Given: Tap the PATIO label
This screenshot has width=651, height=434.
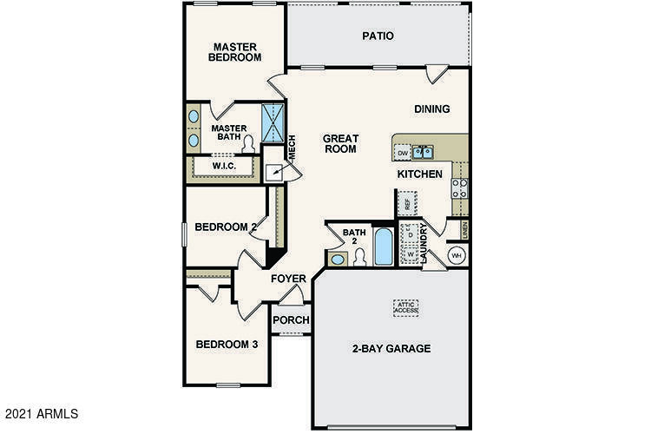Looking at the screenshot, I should [x=378, y=36].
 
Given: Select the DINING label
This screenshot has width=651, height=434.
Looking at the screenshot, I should [x=431, y=109].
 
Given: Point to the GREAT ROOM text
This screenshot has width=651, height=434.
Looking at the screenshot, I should [x=340, y=144].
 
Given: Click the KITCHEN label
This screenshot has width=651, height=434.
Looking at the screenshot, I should [x=420, y=174].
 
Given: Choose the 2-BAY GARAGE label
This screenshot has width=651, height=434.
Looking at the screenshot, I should [x=391, y=349].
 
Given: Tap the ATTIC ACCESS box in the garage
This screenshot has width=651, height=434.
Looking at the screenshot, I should [x=405, y=306].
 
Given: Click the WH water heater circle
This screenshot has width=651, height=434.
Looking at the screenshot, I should [x=457, y=255].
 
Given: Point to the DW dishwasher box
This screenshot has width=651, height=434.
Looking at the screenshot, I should [x=403, y=154].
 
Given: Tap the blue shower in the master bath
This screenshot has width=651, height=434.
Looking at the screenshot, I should [x=273, y=123].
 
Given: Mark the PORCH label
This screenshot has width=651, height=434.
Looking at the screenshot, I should [x=292, y=319].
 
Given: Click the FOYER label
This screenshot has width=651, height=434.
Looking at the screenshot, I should [x=288, y=279].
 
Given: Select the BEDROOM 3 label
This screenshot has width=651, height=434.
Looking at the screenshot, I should [x=227, y=344].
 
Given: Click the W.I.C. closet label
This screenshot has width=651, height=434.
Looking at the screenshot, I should [x=224, y=166].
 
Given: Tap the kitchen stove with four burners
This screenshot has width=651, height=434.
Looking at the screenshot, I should [x=459, y=188].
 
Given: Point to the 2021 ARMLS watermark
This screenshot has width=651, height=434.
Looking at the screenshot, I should [x=41, y=414].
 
